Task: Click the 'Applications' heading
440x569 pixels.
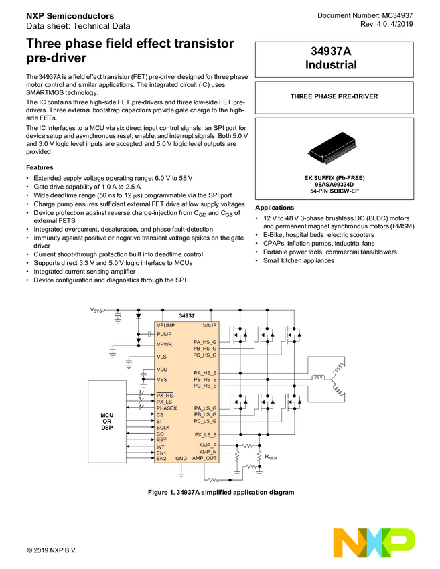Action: pyautogui.click(x=275, y=208)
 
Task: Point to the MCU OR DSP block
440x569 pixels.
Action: pyautogui.click(x=107, y=421)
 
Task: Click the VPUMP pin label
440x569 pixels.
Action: pyautogui.click(x=167, y=325)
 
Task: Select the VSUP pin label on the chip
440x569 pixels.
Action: pyautogui.click(x=209, y=325)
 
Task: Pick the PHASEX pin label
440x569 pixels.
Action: pyautogui.click(x=167, y=408)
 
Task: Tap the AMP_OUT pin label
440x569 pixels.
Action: pyautogui.click(x=204, y=458)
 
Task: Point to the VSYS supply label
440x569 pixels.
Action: pyautogui.click(x=97, y=311)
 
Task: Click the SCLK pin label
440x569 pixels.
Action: pyautogui.click(x=163, y=427)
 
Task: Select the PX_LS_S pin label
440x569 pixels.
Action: pyautogui.click(x=205, y=434)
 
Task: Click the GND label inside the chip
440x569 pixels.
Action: pyautogui.click(x=181, y=458)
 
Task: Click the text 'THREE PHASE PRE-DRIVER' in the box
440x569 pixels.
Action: pyautogui.click(x=334, y=96)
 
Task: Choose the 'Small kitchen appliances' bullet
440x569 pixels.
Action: pyautogui.click(x=298, y=260)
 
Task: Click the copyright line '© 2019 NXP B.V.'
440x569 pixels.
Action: pyautogui.click(x=52, y=550)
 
